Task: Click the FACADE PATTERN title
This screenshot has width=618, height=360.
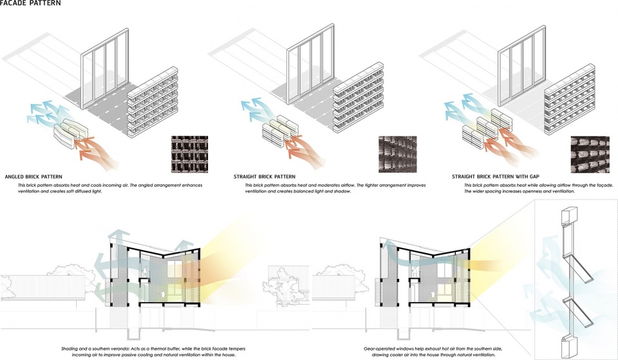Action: tap(31, 3)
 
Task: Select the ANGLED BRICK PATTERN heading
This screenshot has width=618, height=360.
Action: tap(33, 176)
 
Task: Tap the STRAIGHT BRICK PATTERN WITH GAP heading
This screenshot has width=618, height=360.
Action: tap(496, 176)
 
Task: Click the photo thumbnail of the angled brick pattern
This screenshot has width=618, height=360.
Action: tap(189, 154)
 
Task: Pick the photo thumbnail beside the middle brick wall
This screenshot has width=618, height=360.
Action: tap(397, 154)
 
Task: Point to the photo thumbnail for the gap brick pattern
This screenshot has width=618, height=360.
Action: tap(590, 154)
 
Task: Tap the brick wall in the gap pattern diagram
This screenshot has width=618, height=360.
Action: tap(570, 100)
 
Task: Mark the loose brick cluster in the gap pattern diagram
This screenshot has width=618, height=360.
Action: tap(487, 128)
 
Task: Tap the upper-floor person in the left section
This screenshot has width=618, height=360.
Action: tap(146, 270)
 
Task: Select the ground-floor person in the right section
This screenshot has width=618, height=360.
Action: tap(433, 294)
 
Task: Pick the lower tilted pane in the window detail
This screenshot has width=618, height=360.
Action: tap(577, 312)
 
